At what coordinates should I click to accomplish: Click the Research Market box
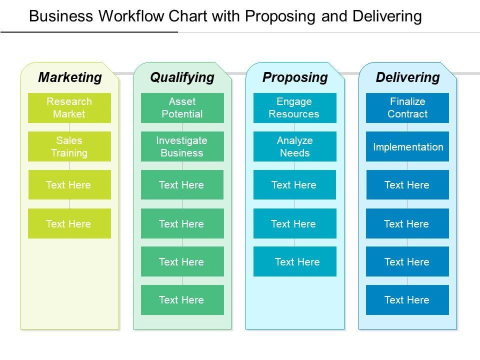pos(69,108)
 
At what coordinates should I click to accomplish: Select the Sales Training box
pos(69,146)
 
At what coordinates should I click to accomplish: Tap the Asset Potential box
pos(182,108)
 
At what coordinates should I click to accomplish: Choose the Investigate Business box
pos(182,146)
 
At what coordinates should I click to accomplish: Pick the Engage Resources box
pos(295,108)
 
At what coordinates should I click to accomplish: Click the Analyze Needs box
pos(295,146)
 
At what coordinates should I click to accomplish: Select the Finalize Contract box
pos(407,108)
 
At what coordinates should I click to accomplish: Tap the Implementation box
pos(407,146)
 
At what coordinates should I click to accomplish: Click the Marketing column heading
pos(70,77)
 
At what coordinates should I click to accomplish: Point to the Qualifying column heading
pos(182,77)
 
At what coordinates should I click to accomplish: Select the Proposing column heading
pos(295,77)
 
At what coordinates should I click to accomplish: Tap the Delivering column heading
pos(407,77)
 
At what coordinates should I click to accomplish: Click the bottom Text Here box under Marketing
pos(69,223)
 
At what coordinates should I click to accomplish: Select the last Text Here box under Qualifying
pos(182,300)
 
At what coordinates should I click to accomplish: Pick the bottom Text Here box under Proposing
pos(295,261)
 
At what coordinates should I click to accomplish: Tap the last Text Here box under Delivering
pos(407,300)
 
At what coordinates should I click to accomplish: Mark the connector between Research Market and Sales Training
pos(69,127)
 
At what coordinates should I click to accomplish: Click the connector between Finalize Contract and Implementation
pos(407,127)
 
